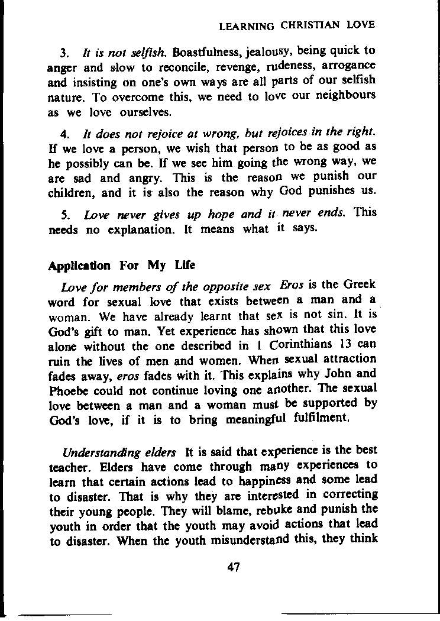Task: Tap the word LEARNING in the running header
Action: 247,26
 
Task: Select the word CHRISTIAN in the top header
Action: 310,25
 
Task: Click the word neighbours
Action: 344,95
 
